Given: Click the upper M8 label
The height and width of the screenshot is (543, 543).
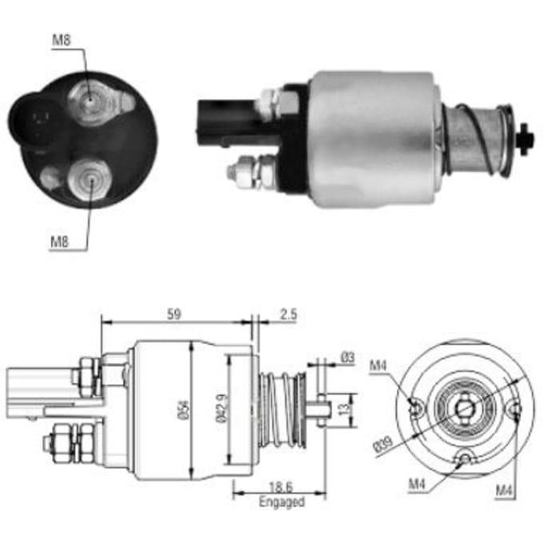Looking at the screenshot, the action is tap(61, 40).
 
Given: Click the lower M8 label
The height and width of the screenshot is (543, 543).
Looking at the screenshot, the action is tap(60, 241).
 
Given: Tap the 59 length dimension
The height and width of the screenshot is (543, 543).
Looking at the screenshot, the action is tap(174, 315).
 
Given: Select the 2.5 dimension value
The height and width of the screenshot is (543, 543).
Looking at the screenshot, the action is tap(288, 315).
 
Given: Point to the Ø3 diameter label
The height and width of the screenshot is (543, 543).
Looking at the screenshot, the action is tap(347, 357).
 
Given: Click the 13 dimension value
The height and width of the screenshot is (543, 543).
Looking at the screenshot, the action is tap(345, 410).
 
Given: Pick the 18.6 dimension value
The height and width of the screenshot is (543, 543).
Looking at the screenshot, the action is tap(281, 487).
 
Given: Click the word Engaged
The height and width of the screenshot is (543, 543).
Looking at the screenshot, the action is tap(282, 501).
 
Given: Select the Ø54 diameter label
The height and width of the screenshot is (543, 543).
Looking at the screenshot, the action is tap(184, 410).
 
